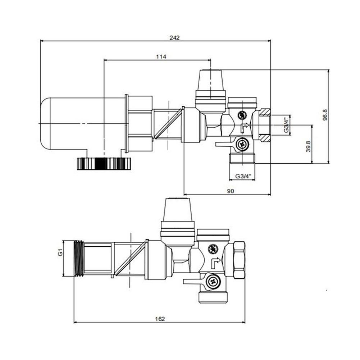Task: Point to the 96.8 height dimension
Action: pyautogui.click(x=325, y=116)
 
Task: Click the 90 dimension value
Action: pyautogui.click(x=230, y=191)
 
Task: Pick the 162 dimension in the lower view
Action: pyautogui.click(x=160, y=318)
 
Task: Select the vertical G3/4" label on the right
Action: pyautogui.click(x=286, y=125)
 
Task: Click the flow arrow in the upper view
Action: pyautogui.click(x=244, y=127)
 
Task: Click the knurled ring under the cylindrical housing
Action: pyautogui.click(x=103, y=164)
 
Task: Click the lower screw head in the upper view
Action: pyautogui.click(x=241, y=145)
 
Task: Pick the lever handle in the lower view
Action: pyautogui.click(x=193, y=282)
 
